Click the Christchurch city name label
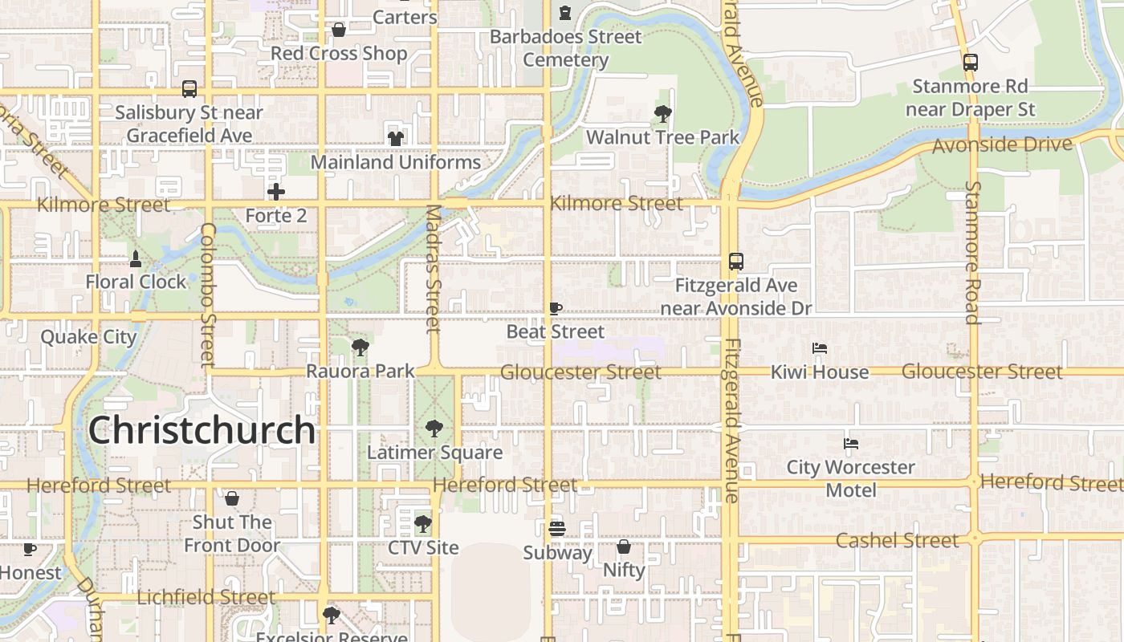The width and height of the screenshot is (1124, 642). click(202, 430)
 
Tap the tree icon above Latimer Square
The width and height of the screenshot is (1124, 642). click(434, 428)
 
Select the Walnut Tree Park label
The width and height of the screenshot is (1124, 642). click(662, 137)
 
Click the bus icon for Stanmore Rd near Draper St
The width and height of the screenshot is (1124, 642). click(971, 62)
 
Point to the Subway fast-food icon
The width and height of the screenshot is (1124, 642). click(557, 528)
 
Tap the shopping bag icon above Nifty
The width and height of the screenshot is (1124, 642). click(624, 547)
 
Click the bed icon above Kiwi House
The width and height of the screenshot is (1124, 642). click(820, 348)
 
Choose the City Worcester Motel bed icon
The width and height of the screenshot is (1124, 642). click(851, 443)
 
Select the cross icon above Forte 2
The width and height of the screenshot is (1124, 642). click(276, 192)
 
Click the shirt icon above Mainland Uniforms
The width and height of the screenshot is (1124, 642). click(395, 138)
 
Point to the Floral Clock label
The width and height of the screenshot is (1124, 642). click(136, 282)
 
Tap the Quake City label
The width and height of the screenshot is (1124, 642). click(89, 336)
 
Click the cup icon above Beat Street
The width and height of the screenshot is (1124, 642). click(555, 308)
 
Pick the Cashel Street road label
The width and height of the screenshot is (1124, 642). click(897, 540)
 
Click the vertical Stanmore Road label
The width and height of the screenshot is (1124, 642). click(973, 252)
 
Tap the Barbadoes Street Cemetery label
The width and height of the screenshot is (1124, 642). click(566, 48)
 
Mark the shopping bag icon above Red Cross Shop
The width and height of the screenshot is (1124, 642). click(339, 30)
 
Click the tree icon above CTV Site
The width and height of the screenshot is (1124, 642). click(422, 524)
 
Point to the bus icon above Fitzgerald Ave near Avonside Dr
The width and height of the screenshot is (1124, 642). click(735, 261)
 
